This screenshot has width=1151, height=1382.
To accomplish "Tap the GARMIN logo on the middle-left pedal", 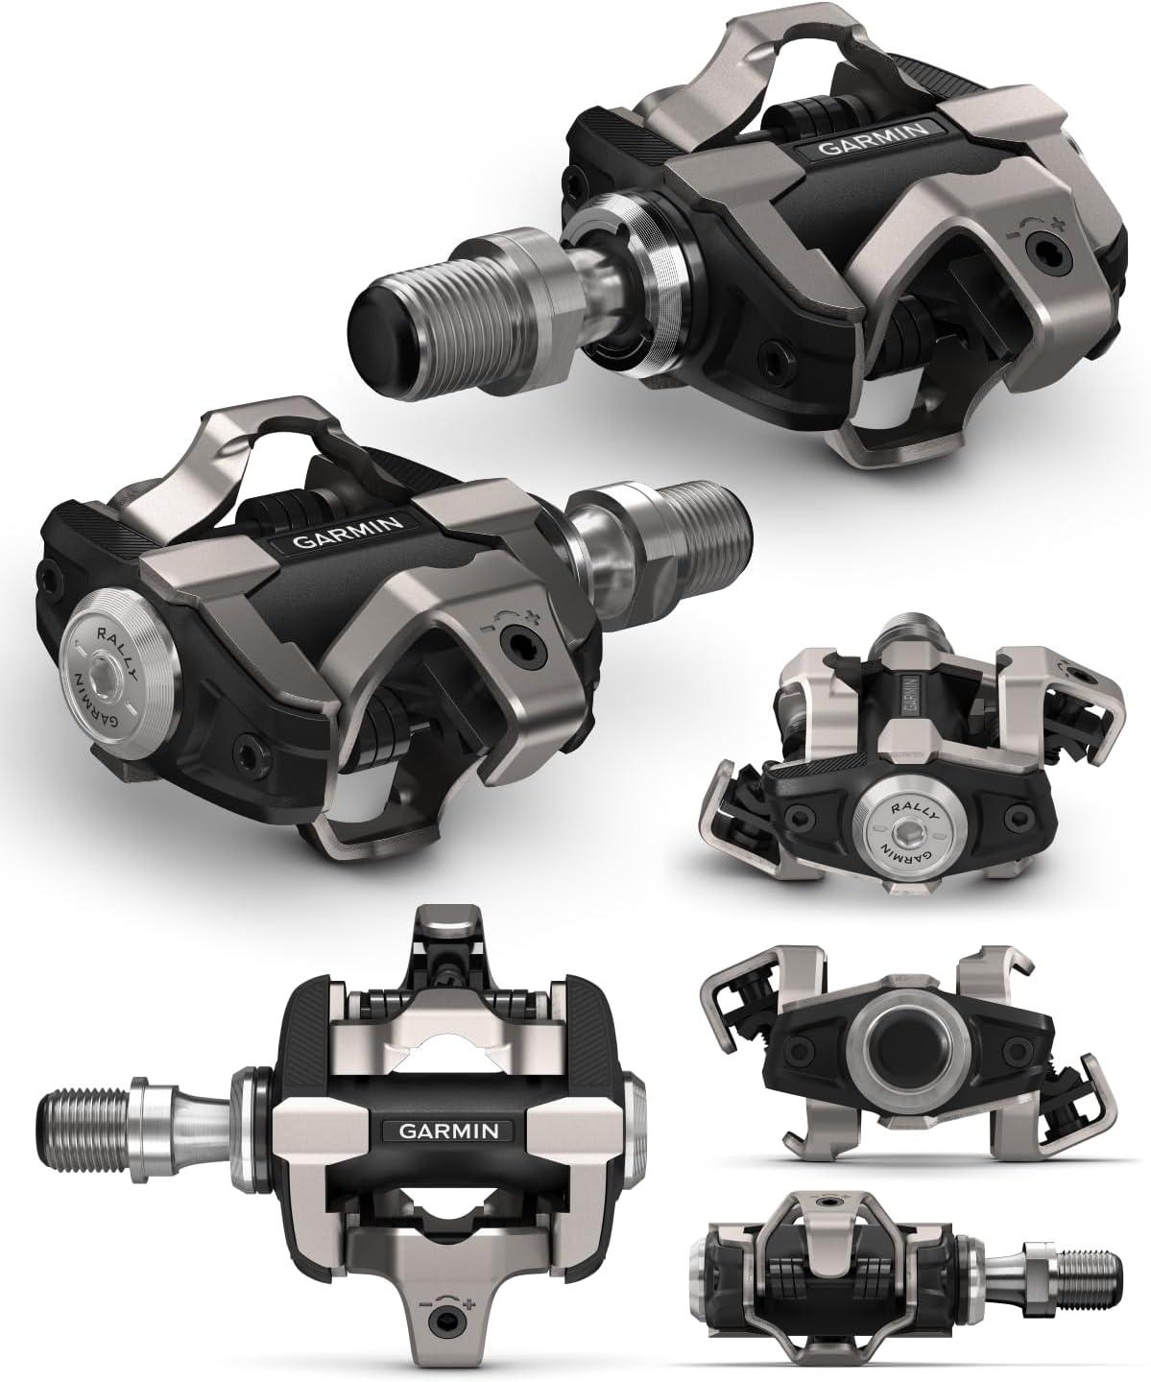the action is point(348,534).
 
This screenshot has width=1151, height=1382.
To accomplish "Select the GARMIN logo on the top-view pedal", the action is point(448,1130).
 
